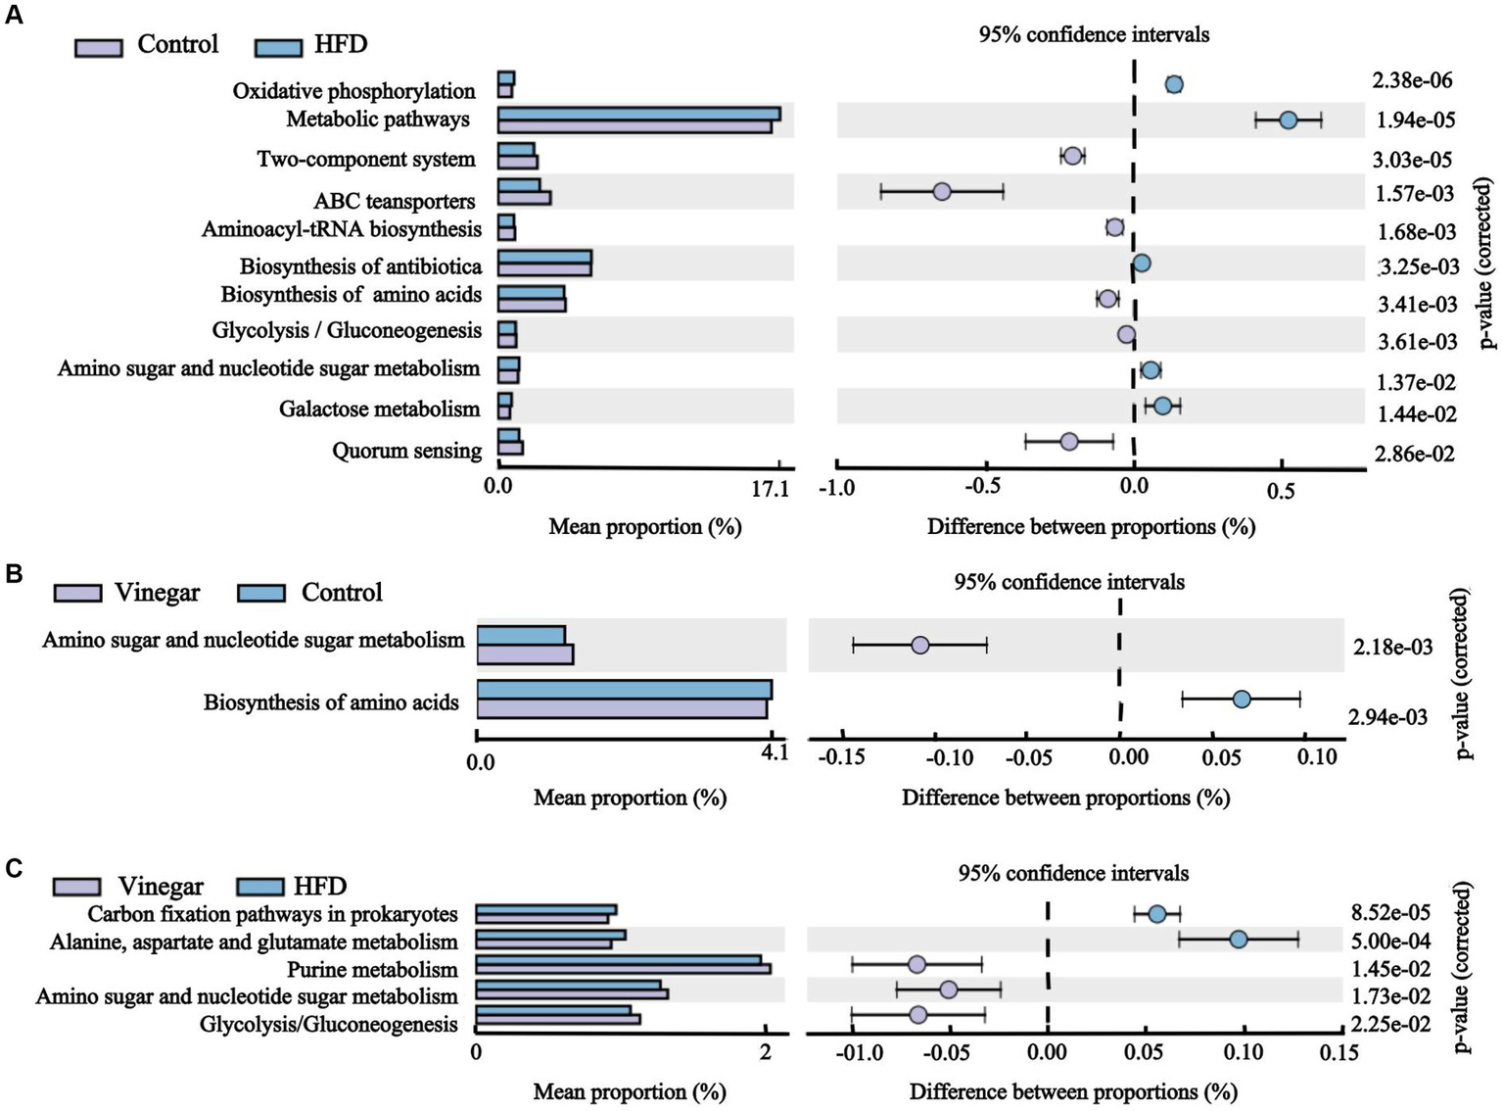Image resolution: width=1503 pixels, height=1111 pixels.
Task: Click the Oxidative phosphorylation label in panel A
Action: (353, 91)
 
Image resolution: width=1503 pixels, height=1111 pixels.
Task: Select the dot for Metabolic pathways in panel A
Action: (1288, 120)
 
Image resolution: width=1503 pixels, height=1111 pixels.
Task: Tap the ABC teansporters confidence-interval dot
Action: (941, 191)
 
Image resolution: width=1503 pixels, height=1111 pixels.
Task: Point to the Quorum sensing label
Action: (406, 451)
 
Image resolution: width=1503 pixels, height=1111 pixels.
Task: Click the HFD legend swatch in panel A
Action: (278, 47)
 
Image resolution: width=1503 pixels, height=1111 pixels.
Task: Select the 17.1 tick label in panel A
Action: (771, 489)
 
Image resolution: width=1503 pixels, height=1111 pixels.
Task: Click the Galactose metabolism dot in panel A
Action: (1162, 406)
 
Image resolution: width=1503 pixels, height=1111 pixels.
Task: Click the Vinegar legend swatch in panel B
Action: (77, 594)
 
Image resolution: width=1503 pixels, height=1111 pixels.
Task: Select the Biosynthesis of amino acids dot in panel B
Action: (1242, 699)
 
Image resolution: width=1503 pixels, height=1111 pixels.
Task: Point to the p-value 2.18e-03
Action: (1393, 647)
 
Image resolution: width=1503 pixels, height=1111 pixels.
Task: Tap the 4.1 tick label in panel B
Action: (775, 752)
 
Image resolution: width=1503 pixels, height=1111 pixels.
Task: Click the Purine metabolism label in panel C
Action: (372, 970)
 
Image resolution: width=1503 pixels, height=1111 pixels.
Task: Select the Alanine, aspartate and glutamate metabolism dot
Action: (1238, 940)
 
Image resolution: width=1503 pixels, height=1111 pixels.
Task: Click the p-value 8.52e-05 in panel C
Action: (1390, 913)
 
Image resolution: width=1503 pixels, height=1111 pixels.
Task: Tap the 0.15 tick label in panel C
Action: (1339, 1053)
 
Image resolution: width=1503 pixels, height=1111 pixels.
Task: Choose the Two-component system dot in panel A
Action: (1072, 157)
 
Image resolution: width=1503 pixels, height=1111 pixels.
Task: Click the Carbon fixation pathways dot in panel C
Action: (1156, 914)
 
